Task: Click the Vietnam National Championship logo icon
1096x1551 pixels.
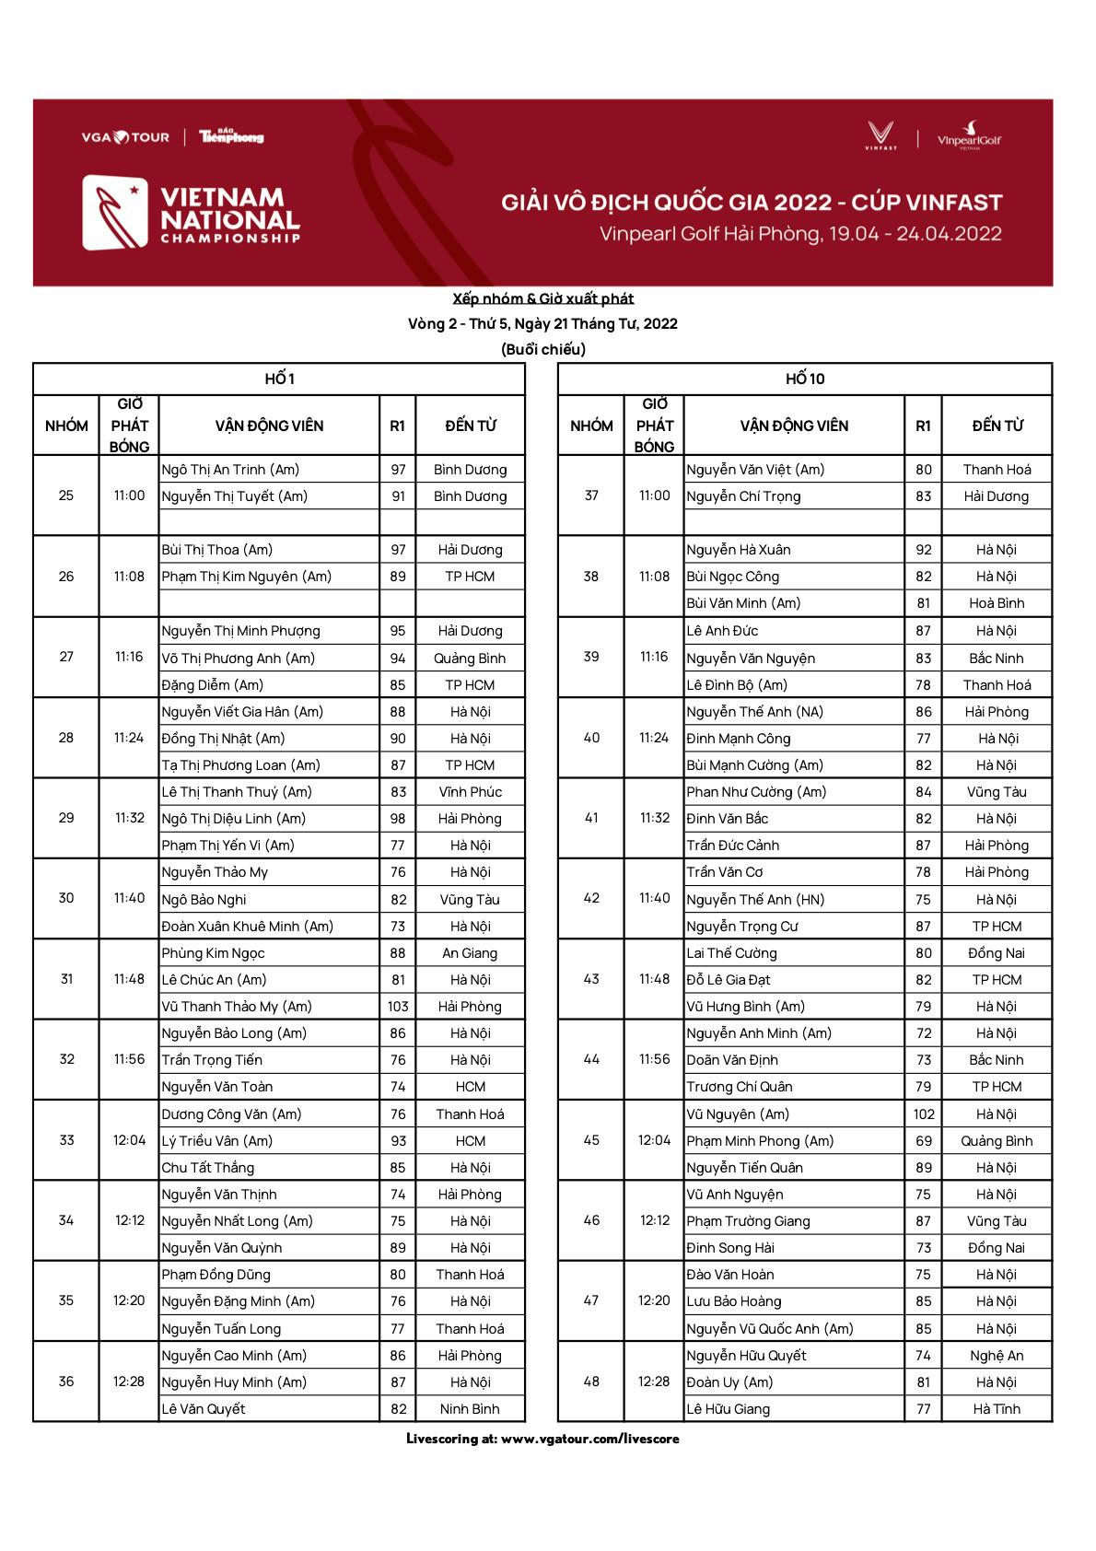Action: (x=116, y=213)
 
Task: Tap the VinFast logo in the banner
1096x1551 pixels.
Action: (x=880, y=135)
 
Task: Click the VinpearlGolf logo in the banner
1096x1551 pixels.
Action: (x=969, y=136)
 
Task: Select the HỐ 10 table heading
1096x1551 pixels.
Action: (x=805, y=379)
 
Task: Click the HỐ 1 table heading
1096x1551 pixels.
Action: (x=279, y=379)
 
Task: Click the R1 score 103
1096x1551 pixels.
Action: (x=398, y=1007)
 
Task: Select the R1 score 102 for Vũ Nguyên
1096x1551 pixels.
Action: (x=924, y=1114)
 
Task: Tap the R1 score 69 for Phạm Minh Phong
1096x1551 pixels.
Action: (x=924, y=1141)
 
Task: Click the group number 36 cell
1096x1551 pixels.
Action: (x=66, y=1382)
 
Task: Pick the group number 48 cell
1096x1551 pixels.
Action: (x=591, y=1382)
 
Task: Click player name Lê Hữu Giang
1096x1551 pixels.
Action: (x=728, y=1409)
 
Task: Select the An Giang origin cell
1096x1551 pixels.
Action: (x=470, y=953)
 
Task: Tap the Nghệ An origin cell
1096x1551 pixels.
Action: (x=997, y=1356)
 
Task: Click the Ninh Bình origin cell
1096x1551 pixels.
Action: (x=470, y=1409)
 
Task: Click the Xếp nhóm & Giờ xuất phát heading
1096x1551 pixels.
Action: (x=543, y=298)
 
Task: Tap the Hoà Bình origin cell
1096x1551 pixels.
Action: (x=997, y=603)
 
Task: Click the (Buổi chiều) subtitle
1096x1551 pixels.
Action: (x=543, y=349)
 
